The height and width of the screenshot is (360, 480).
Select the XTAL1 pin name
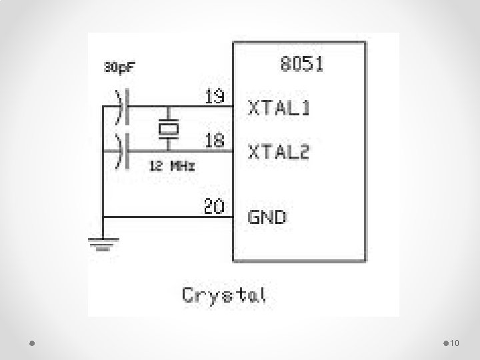click(279, 107)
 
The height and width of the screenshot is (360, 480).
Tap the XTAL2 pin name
click(279, 152)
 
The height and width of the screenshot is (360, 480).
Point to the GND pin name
click(268, 217)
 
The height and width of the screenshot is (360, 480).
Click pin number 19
click(214, 97)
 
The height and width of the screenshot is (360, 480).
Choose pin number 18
click(214, 141)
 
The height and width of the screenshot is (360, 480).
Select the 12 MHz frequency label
click(172, 166)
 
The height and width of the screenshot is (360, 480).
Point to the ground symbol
click(101, 244)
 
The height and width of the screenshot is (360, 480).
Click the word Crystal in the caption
click(224, 295)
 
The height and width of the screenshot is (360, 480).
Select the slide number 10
click(456, 343)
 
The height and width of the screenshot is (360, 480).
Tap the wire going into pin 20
click(167, 217)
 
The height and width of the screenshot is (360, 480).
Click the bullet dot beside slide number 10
click(445, 343)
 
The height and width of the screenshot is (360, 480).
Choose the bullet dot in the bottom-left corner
click(33, 343)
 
